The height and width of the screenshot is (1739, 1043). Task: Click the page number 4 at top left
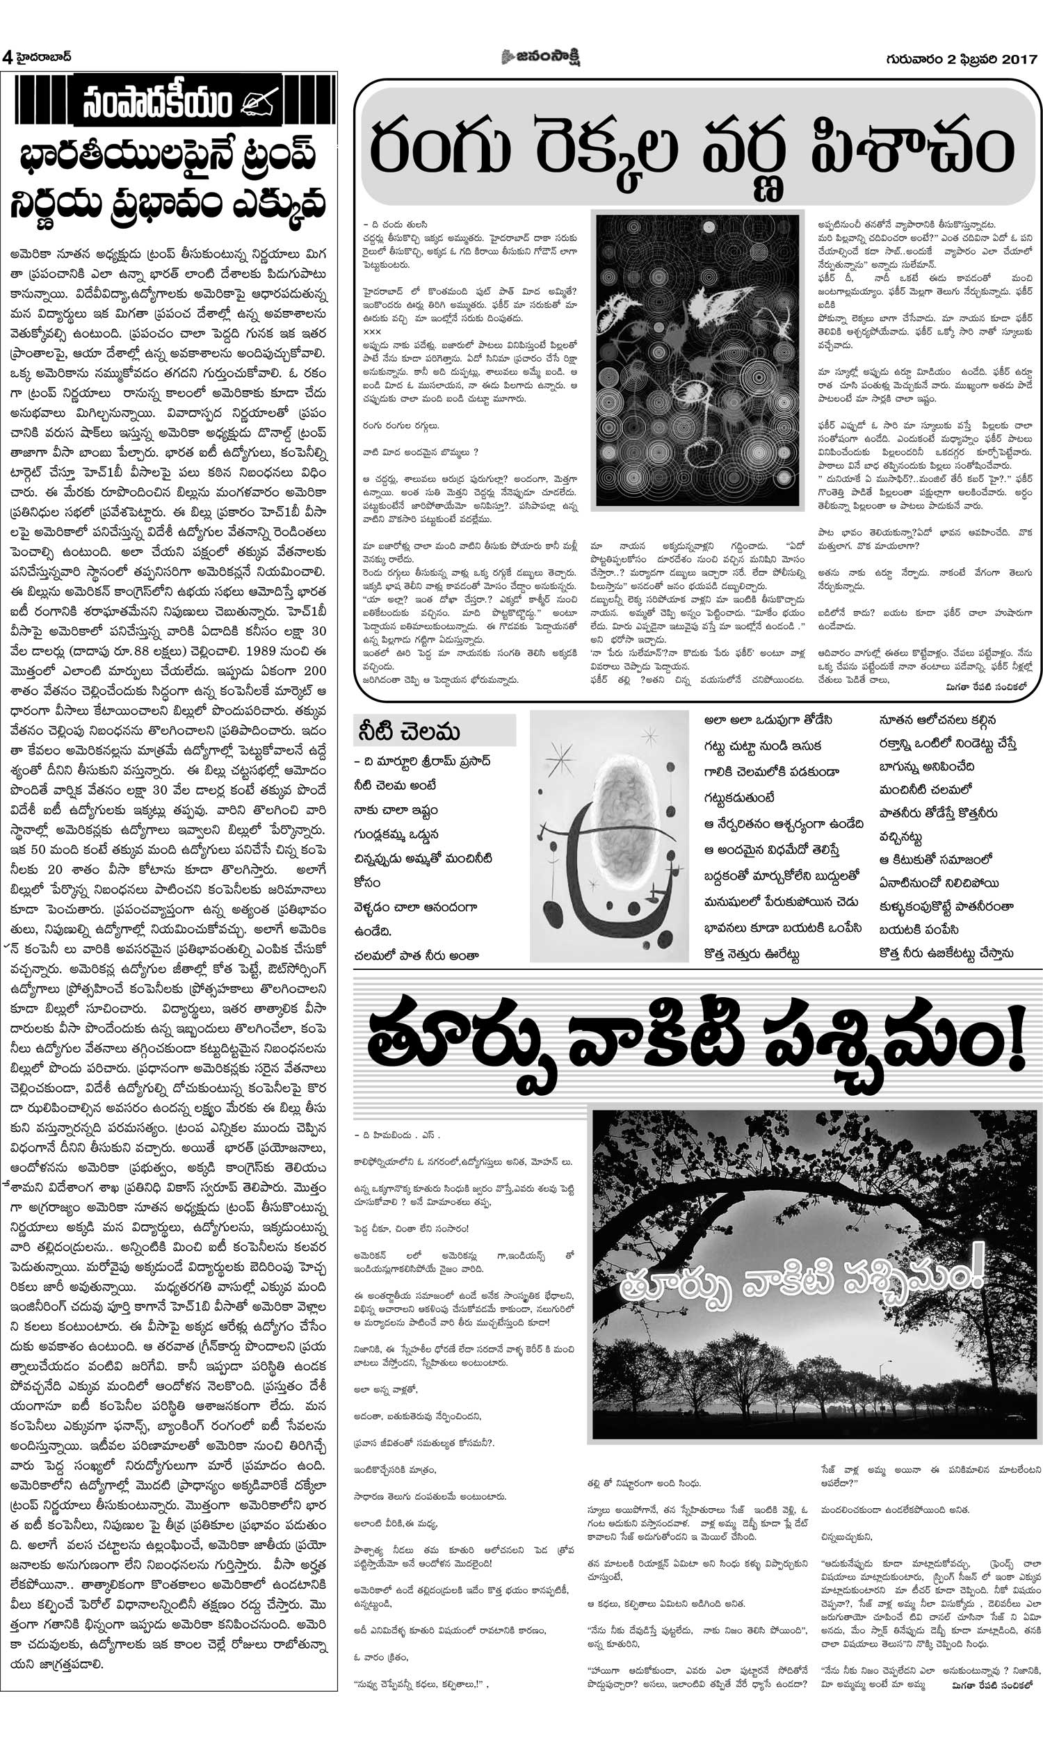7,58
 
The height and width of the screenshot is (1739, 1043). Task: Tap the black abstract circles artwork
697,359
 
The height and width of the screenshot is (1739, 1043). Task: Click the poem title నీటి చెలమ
407,732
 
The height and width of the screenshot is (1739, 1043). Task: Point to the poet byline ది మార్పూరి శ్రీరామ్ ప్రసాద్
422,761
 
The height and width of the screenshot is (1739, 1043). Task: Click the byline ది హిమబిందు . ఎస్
398,1135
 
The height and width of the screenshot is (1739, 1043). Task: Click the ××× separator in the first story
372,330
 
